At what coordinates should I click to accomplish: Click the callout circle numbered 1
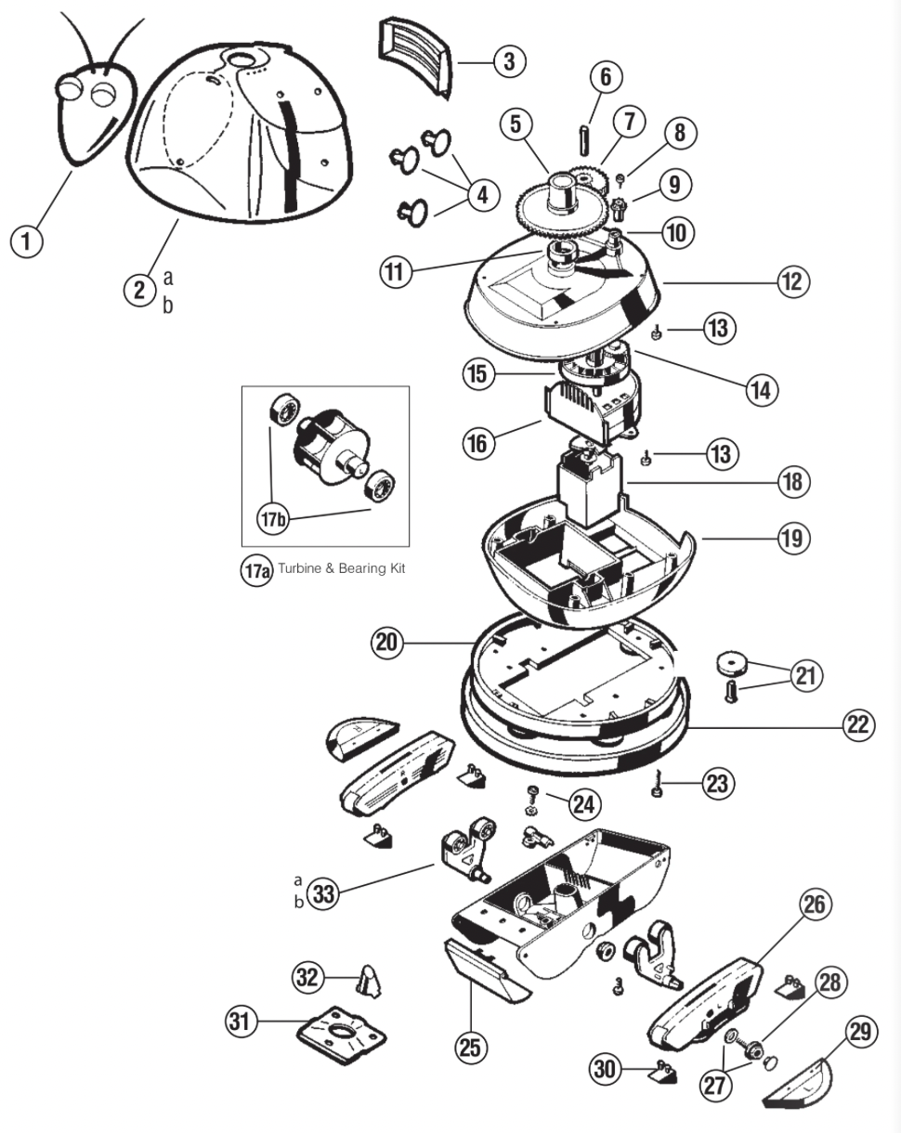click(x=26, y=241)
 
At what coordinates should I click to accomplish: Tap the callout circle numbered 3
click(x=509, y=61)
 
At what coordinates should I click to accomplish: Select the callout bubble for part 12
click(x=793, y=281)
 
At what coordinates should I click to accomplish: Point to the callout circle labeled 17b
click(x=273, y=518)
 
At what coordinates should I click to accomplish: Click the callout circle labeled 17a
click(x=256, y=570)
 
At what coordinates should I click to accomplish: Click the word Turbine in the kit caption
click(x=301, y=568)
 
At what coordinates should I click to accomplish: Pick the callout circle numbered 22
click(x=858, y=725)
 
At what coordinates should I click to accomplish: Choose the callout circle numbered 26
click(x=815, y=905)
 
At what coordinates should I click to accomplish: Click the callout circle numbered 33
click(x=323, y=893)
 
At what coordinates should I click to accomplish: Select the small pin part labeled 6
click(x=584, y=140)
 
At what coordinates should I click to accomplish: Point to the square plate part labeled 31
click(x=341, y=1036)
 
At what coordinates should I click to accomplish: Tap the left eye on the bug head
click(x=69, y=87)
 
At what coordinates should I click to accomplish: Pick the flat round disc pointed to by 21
click(x=732, y=664)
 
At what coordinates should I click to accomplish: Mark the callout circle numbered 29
click(x=860, y=1032)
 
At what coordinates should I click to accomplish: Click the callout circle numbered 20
click(x=387, y=643)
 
